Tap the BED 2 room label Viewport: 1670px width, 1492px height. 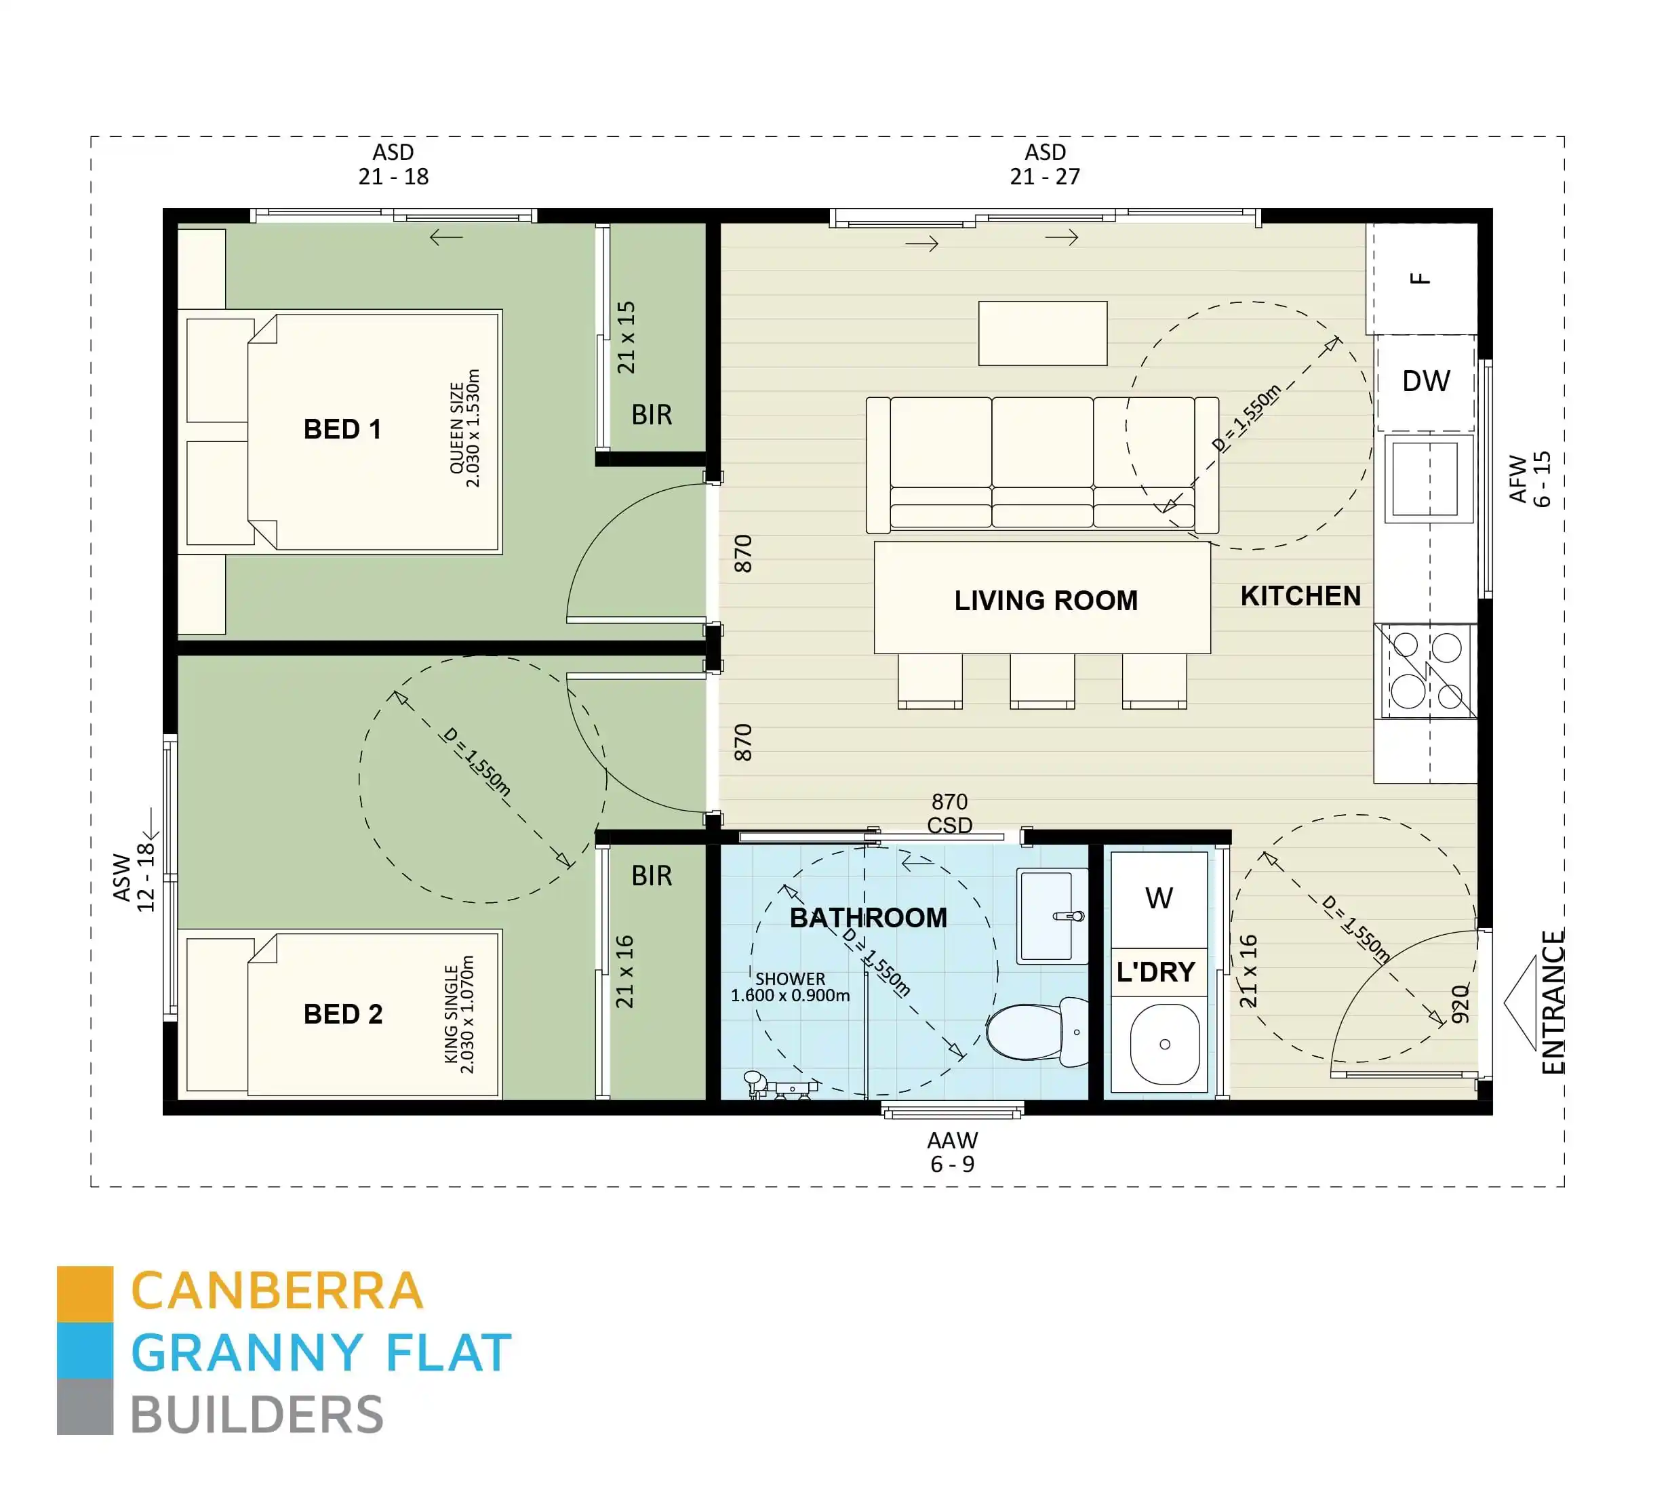(342, 1014)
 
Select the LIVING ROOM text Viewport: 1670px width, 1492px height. (1046, 600)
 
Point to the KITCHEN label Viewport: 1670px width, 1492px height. (1300, 596)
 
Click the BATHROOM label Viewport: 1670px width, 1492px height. (868, 917)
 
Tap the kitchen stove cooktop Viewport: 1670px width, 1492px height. (1426, 670)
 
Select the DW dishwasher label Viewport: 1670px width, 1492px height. (1426, 381)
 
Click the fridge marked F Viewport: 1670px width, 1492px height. (1420, 279)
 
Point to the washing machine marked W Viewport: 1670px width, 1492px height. (1159, 898)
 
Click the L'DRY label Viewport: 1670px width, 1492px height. (1155, 972)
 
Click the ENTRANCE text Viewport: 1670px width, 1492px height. (1553, 1002)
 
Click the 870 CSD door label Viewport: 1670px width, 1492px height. (949, 813)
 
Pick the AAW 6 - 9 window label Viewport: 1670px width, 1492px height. (952, 1152)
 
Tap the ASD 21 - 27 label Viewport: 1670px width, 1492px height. (1044, 164)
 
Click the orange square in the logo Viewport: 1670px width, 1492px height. (85, 1293)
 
